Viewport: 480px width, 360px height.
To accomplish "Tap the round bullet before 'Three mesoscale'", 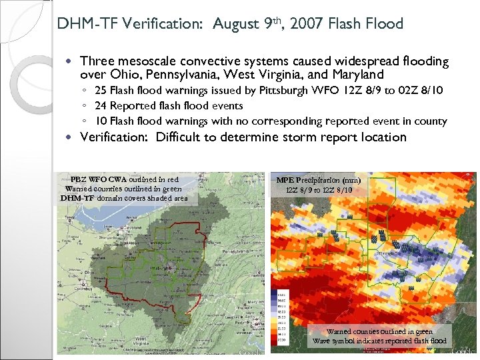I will [x=71, y=61].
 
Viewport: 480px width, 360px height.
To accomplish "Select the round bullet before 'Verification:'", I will [x=71, y=137].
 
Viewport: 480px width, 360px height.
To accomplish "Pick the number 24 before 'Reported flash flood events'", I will [x=101, y=105].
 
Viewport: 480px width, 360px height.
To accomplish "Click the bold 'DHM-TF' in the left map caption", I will [x=77, y=197].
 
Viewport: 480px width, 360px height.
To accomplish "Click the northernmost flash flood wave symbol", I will [x=349, y=217].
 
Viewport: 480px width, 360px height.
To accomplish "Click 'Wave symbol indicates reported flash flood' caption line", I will [x=379, y=341].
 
